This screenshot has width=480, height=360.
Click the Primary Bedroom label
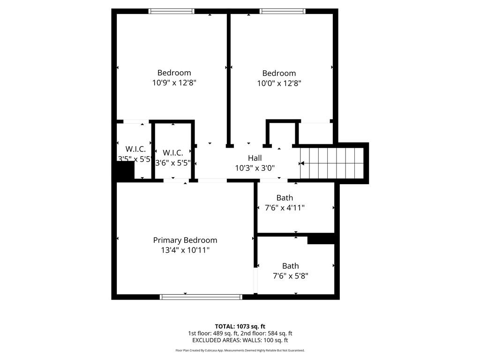[185, 240]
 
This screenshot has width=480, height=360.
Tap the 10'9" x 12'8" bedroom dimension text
[174, 83]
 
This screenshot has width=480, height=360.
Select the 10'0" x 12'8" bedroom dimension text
[279, 83]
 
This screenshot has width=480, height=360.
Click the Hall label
[255, 158]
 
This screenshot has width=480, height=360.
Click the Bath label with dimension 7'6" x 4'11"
[285, 198]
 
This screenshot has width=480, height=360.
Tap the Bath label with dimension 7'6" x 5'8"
[290, 266]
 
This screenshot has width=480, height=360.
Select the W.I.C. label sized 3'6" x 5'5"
[173, 153]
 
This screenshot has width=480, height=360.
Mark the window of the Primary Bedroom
[201, 297]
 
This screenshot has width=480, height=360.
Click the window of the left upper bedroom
[171, 11]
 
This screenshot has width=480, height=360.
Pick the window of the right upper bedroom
[283, 11]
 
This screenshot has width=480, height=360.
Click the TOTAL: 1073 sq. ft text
[240, 326]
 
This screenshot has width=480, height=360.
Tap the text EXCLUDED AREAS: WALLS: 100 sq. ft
[240, 340]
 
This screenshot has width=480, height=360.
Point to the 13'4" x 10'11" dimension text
[185, 250]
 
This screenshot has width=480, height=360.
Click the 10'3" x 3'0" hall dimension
[255, 168]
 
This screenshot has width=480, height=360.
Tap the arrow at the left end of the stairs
[302, 163]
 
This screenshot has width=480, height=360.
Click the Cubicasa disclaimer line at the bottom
[240, 350]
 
